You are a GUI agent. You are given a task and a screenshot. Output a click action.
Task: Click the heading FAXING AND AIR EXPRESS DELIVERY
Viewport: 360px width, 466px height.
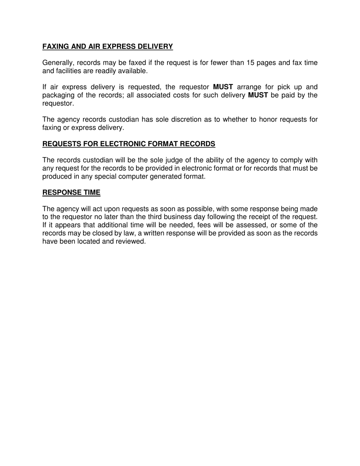tap(108, 47)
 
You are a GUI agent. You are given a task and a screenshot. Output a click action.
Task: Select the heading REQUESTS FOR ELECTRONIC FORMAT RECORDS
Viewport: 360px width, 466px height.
tap(129, 144)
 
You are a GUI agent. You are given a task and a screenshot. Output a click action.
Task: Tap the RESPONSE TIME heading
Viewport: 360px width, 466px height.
tap(71, 192)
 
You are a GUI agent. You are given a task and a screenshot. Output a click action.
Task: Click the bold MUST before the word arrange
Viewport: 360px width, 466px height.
tap(223, 87)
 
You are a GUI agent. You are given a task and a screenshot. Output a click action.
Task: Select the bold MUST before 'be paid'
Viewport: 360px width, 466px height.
tap(258, 95)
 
